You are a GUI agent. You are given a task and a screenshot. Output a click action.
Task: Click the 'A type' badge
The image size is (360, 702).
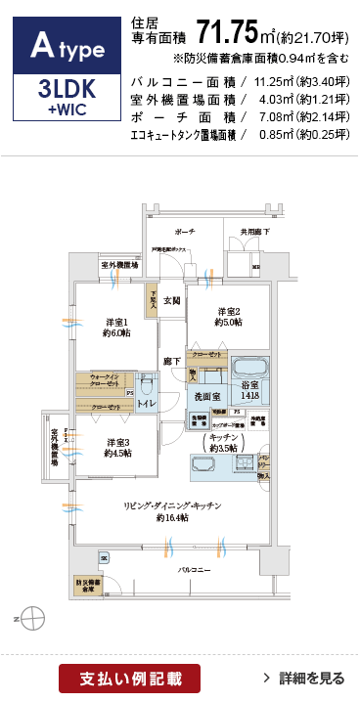pyautogui.click(x=63, y=44)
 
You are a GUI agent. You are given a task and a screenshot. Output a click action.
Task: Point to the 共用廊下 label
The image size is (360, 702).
pyautogui.click(x=255, y=232)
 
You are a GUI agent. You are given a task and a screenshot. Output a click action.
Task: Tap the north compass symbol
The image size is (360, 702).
pyautogui.click(x=30, y=617)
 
